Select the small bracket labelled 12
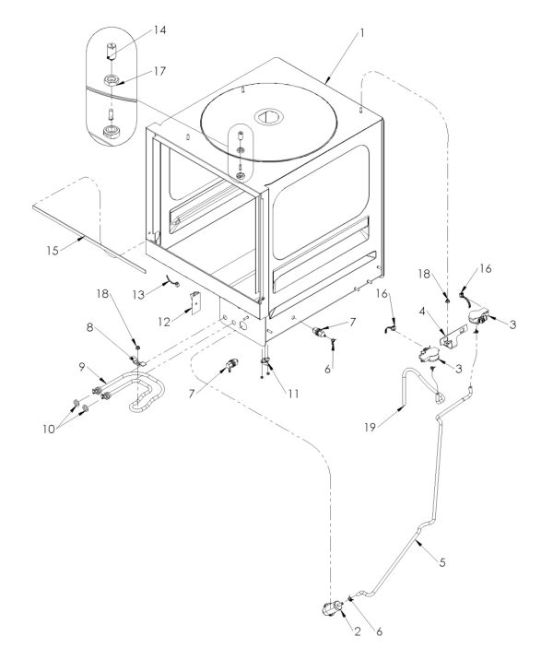(196, 301)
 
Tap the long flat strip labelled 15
(88, 236)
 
